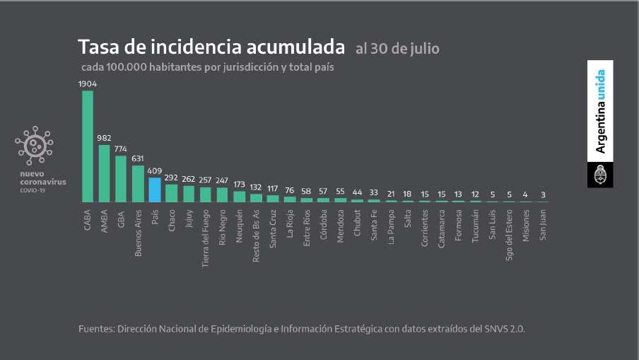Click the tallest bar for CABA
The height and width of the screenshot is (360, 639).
(88, 146)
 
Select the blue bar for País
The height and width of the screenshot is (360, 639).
(155, 190)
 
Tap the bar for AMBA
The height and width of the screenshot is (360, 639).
(104, 173)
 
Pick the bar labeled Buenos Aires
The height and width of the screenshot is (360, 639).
(138, 184)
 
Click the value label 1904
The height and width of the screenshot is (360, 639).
(88, 83)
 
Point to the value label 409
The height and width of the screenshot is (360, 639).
(155, 170)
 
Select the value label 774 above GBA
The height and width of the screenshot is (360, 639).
(121, 149)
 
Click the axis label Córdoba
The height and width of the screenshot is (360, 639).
(323, 224)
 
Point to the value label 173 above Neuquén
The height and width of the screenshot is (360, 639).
(239, 185)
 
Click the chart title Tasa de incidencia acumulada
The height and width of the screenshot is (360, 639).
(211, 47)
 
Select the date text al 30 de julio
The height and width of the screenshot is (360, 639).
(397, 49)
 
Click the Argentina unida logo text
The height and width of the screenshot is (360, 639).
(600, 112)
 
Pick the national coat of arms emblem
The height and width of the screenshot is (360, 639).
(600, 175)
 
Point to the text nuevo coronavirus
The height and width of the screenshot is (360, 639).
(42, 178)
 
